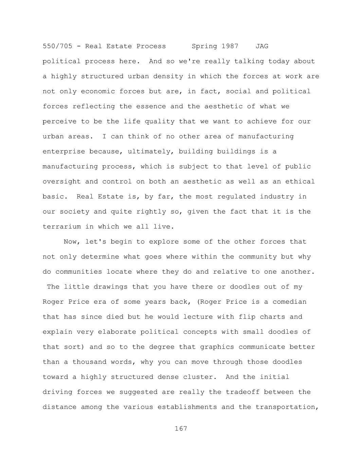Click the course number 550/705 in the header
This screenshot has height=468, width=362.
(x=57, y=46)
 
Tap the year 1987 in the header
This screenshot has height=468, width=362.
(x=230, y=46)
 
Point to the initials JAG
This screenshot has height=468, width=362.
(x=262, y=46)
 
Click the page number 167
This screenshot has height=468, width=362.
(x=181, y=429)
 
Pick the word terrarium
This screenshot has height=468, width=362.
(x=62, y=227)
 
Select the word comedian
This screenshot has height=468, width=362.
(x=289, y=302)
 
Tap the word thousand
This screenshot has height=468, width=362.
(x=89, y=362)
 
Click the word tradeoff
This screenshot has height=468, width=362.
(x=242, y=392)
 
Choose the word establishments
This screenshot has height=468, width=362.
(x=187, y=407)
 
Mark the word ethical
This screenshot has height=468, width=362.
(x=300, y=181)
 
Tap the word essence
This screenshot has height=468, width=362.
(x=151, y=106)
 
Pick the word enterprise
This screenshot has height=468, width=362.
(x=64, y=152)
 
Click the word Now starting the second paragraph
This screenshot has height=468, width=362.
(x=70, y=242)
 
